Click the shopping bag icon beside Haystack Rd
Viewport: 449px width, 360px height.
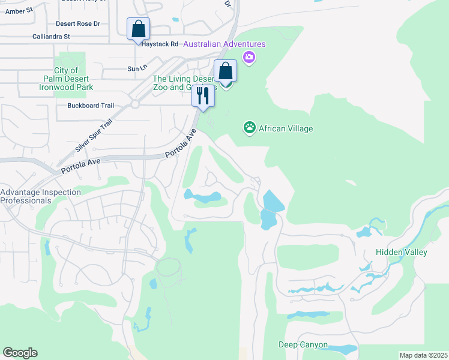(x=138, y=29)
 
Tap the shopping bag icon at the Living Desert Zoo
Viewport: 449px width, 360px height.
(x=225, y=71)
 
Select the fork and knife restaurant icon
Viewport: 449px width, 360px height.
(x=203, y=96)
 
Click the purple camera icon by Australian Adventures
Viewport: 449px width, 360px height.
(x=249, y=57)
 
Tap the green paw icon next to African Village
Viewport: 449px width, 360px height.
(x=249, y=128)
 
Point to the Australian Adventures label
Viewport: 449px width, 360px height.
(x=224, y=44)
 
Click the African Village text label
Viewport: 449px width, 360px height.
(x=286, y=128)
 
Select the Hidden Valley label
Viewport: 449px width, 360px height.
(x=401, y=252)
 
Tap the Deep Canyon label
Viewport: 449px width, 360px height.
(x=303, y=344)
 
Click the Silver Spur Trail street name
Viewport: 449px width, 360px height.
(x=94, y=135)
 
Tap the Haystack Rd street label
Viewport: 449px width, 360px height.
(x=158, y=44)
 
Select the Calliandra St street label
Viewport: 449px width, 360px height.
(x=51, y=37)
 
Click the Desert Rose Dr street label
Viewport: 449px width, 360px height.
(x=77, y=24)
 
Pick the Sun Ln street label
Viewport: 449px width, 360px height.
(x=134, y=69)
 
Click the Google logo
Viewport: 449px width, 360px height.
(x=20, y=353)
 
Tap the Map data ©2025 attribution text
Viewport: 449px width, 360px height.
(x=423, y=355)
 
